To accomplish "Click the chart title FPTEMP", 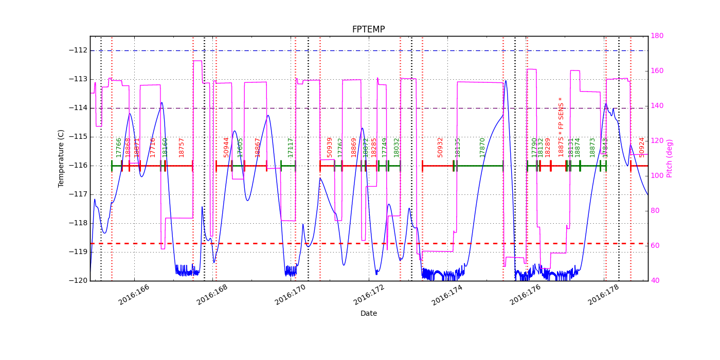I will tap(368, 29).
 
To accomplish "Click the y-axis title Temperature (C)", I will tap(61, 158).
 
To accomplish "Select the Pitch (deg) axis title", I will tap(670, 158).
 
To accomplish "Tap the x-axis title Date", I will tap(368, 313).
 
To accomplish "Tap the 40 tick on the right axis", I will tap(657, 281).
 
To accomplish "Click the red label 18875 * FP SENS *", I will tap(561, 127).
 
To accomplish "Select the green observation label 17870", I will tap(482, 147).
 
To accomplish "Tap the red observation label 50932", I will tap(440, 147).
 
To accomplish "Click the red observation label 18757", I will tap(182, 147).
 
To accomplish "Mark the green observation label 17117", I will tap(291, 147).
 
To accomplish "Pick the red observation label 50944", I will tap(226, 147).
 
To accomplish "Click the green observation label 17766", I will tap(119, 147).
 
